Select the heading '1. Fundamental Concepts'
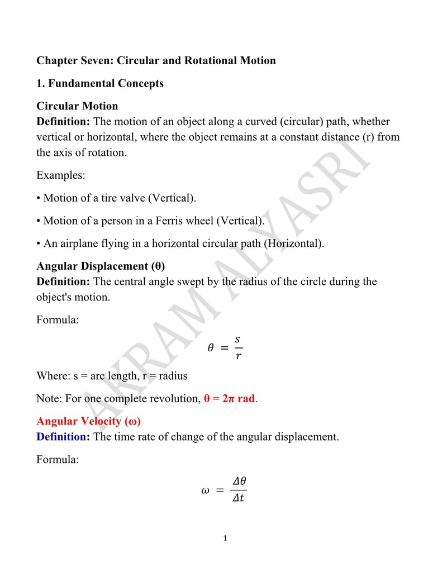click(100, 83)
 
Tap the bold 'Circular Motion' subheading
click(77, 106)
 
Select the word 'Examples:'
click(61, 175)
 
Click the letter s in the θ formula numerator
click(237, 339)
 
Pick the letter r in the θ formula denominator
click(237, 356)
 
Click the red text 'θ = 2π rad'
click(229, 399)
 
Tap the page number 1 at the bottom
click(225, 539)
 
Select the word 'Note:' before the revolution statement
click(49, 399)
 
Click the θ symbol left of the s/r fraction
click(211, 347)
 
